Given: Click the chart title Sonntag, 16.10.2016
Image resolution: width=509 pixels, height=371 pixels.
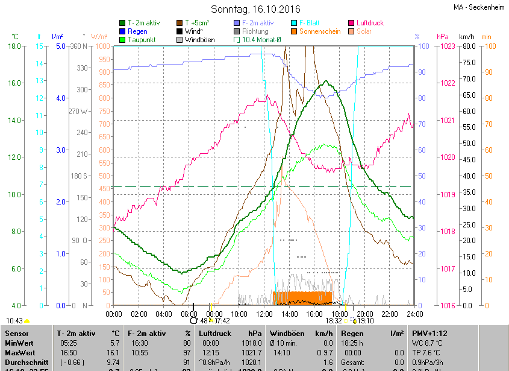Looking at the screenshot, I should (256, 9).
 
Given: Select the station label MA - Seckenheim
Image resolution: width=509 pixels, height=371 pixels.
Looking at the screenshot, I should (479, 8).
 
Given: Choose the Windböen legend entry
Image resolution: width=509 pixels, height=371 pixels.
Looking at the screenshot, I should (199, 40).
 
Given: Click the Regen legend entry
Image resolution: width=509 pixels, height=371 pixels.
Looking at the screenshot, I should (137, 31).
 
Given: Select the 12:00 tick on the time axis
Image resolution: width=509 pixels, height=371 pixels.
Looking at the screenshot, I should (264, 314).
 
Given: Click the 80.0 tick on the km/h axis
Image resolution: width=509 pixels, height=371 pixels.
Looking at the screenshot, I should (469, 46).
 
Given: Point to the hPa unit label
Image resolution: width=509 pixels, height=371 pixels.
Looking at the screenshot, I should (442, 37).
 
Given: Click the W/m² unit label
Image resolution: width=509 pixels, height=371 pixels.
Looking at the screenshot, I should (99, 37).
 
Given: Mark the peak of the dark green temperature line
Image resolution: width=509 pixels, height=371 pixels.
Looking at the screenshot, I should (326, 81).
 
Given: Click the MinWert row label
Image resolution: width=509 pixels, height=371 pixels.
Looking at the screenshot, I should (20, 343).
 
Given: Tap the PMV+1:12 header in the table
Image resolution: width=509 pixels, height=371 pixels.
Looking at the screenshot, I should (429, 333).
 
